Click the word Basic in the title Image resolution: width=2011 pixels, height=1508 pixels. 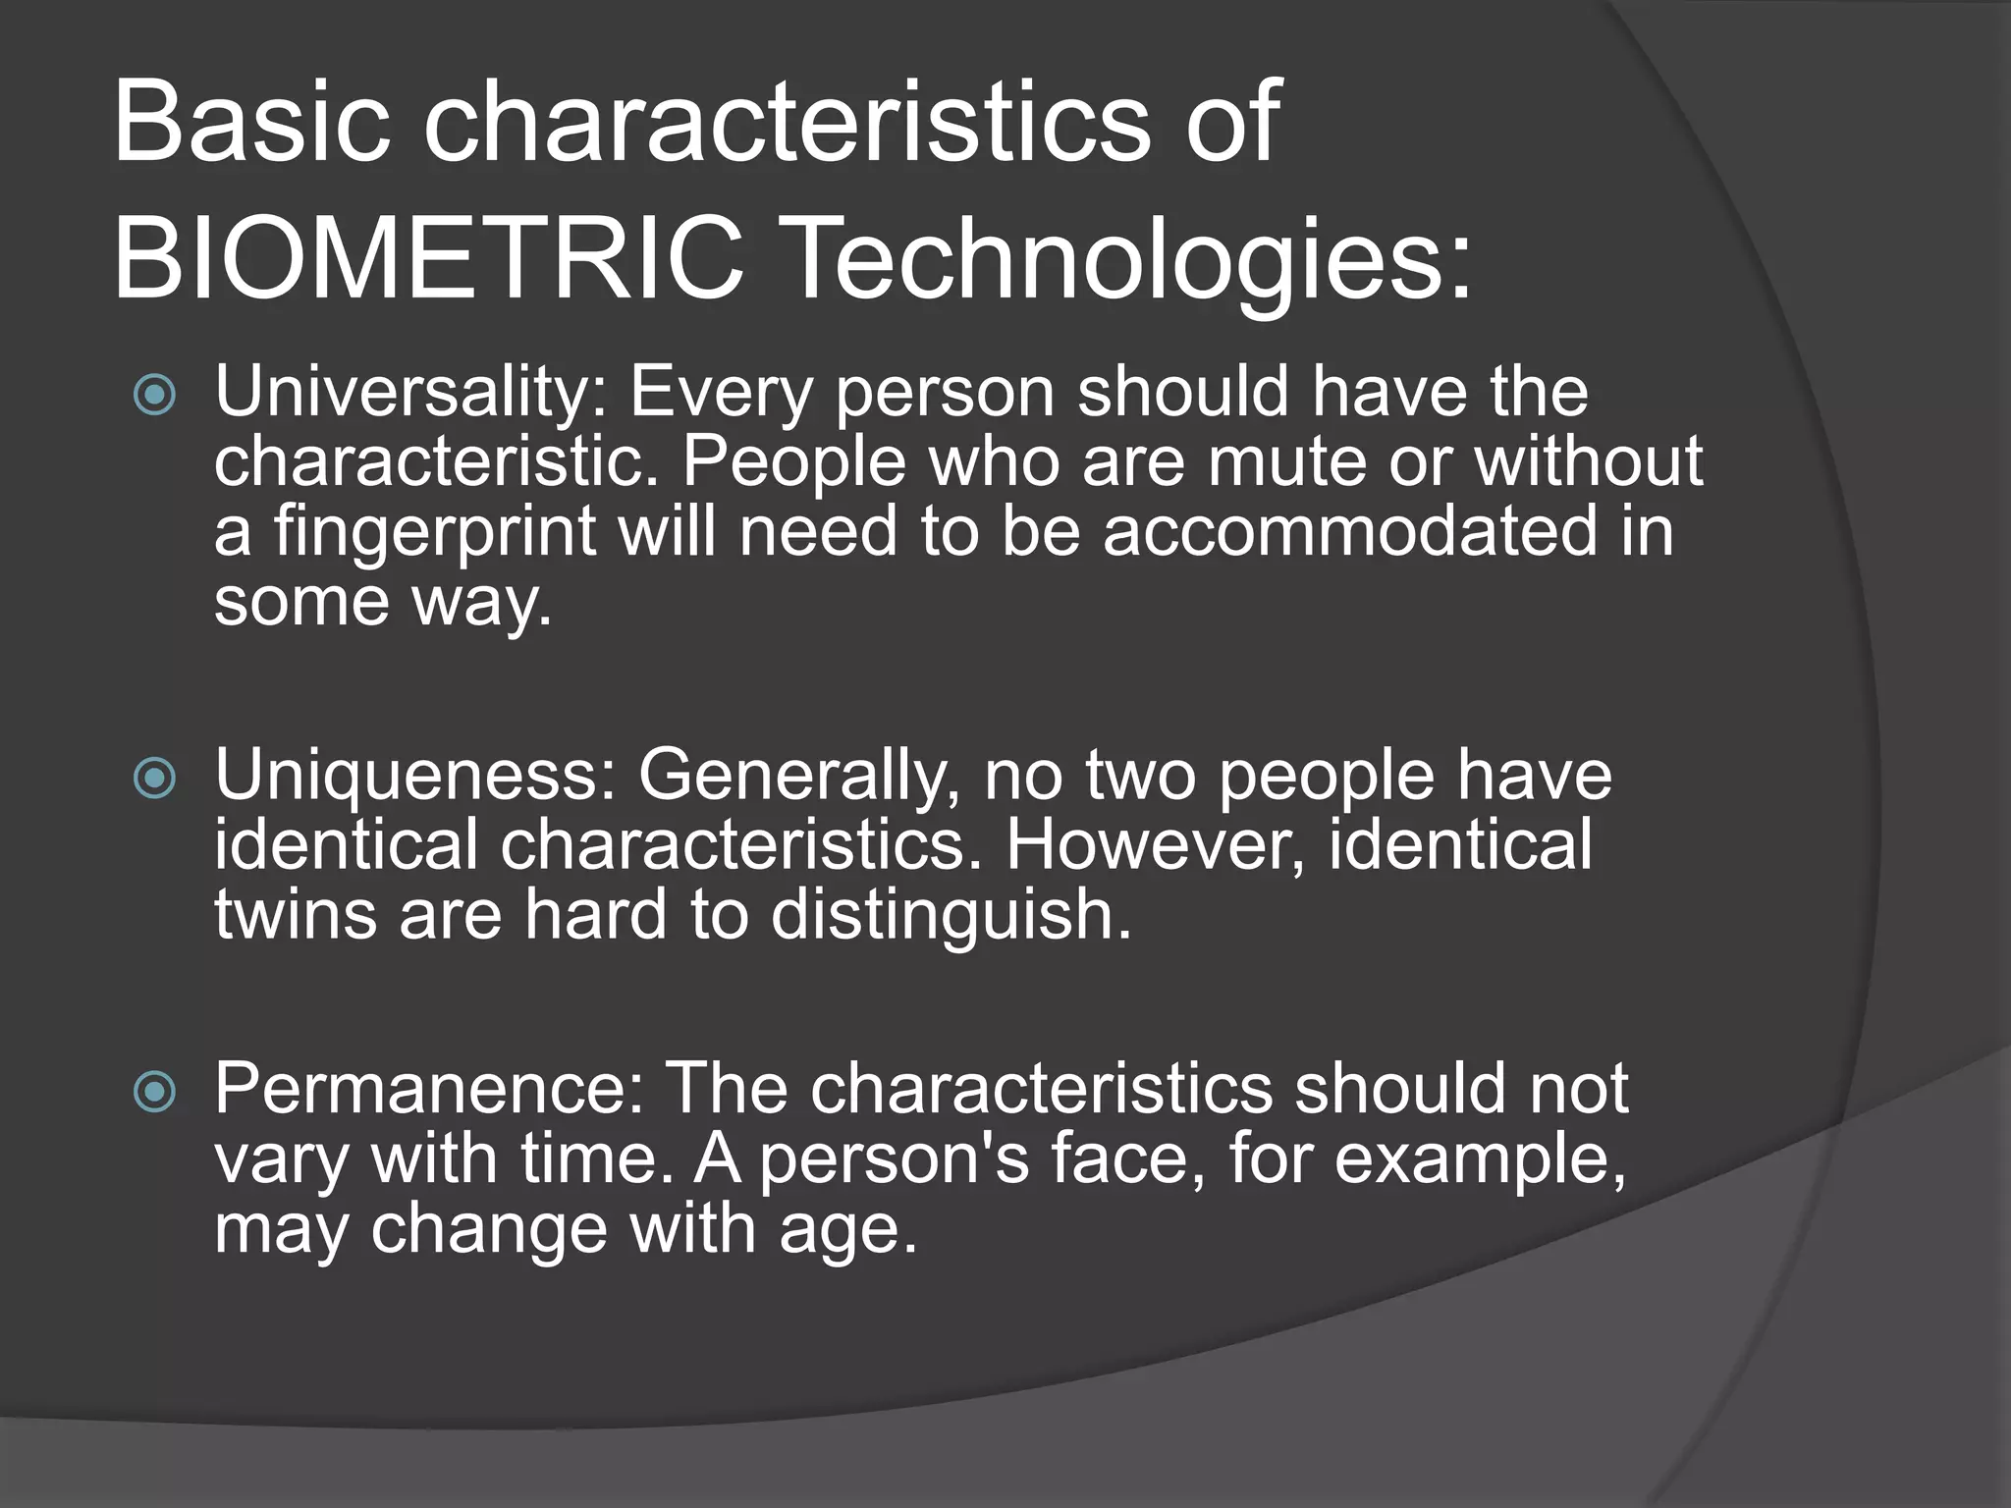tap(251, 124)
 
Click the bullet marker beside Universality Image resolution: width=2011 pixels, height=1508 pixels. tap(155, 396)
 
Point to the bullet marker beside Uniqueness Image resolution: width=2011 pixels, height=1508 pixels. tap(155, 780)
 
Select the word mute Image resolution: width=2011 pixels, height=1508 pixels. tap(1286, 461)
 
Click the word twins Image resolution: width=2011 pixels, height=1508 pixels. tap(296, 914)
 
